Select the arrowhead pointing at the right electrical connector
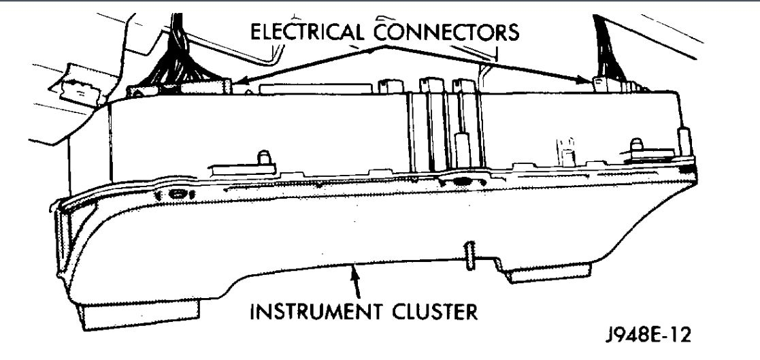click(591, 80)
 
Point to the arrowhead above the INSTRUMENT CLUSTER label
click(352, 275)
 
